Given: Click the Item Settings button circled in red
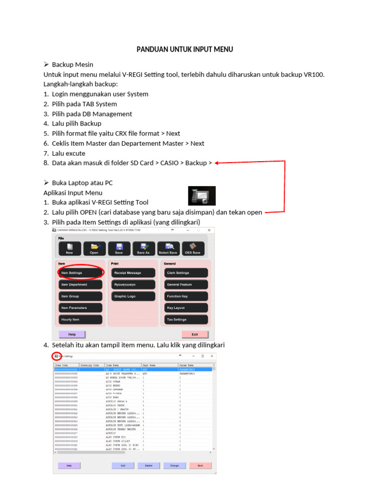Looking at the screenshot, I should click(x=80, y=273).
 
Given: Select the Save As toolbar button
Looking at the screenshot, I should click(x=144, y=248).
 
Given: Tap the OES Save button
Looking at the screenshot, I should click(x=193, y=248).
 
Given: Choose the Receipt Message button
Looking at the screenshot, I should click(x=133, y=273).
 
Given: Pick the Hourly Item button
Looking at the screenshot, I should click(x=80, y=319).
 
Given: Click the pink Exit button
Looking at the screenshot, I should click(x=195, y=334).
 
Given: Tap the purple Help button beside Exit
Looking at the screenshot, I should click(x=72, y=334).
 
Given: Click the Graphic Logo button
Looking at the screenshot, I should click(x=133, y=296).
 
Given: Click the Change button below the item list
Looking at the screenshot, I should click(x=174, y=466).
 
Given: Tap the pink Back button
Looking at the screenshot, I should click(x=200, y=466).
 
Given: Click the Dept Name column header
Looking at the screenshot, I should click(x=159, y=365).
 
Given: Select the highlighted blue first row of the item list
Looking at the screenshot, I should click(x=132, y=369).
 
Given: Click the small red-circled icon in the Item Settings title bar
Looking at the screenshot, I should click(x=57, y=356).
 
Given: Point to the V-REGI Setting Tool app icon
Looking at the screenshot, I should click(x=201, y=196).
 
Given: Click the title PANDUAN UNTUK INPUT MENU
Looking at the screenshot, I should click(x=185, y=49).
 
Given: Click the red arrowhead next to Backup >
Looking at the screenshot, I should click(x=217, y=163).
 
